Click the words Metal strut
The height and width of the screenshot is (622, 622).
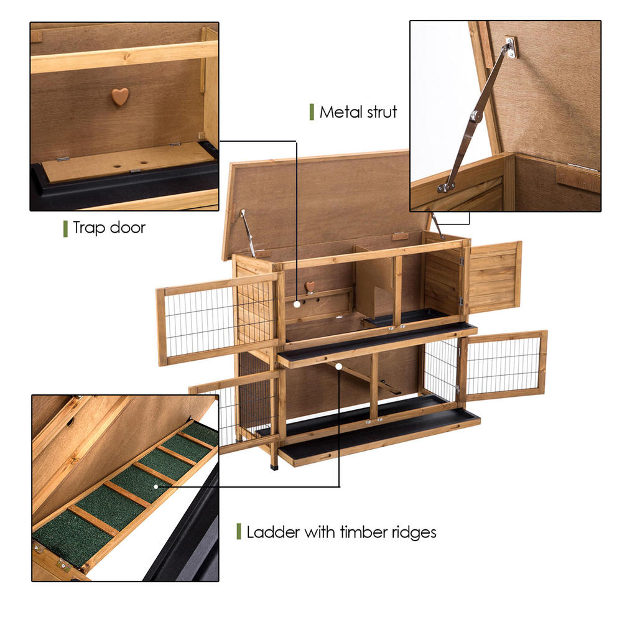[x=358, y=113]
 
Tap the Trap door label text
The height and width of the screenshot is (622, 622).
[x=109, y=228]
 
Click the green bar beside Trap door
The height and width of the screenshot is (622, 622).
[x=65, y=228]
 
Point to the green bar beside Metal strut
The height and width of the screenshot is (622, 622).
[x=311, y=112]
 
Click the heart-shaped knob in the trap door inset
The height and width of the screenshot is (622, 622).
[x=120, y=96]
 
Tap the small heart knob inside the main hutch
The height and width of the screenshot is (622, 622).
[x=309, y=286]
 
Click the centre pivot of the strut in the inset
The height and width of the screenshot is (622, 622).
[x=476, y=116]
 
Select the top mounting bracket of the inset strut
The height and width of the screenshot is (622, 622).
[x=511, y=47]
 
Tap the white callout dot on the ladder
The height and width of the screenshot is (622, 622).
[x=339, y=367]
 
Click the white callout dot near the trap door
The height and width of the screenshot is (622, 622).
[x=297, y=305]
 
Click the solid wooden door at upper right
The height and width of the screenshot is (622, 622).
[x=494, y=277]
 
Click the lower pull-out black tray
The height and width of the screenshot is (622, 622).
[x=379, y=435]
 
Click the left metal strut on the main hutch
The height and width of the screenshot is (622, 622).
[x=248, y=233]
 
